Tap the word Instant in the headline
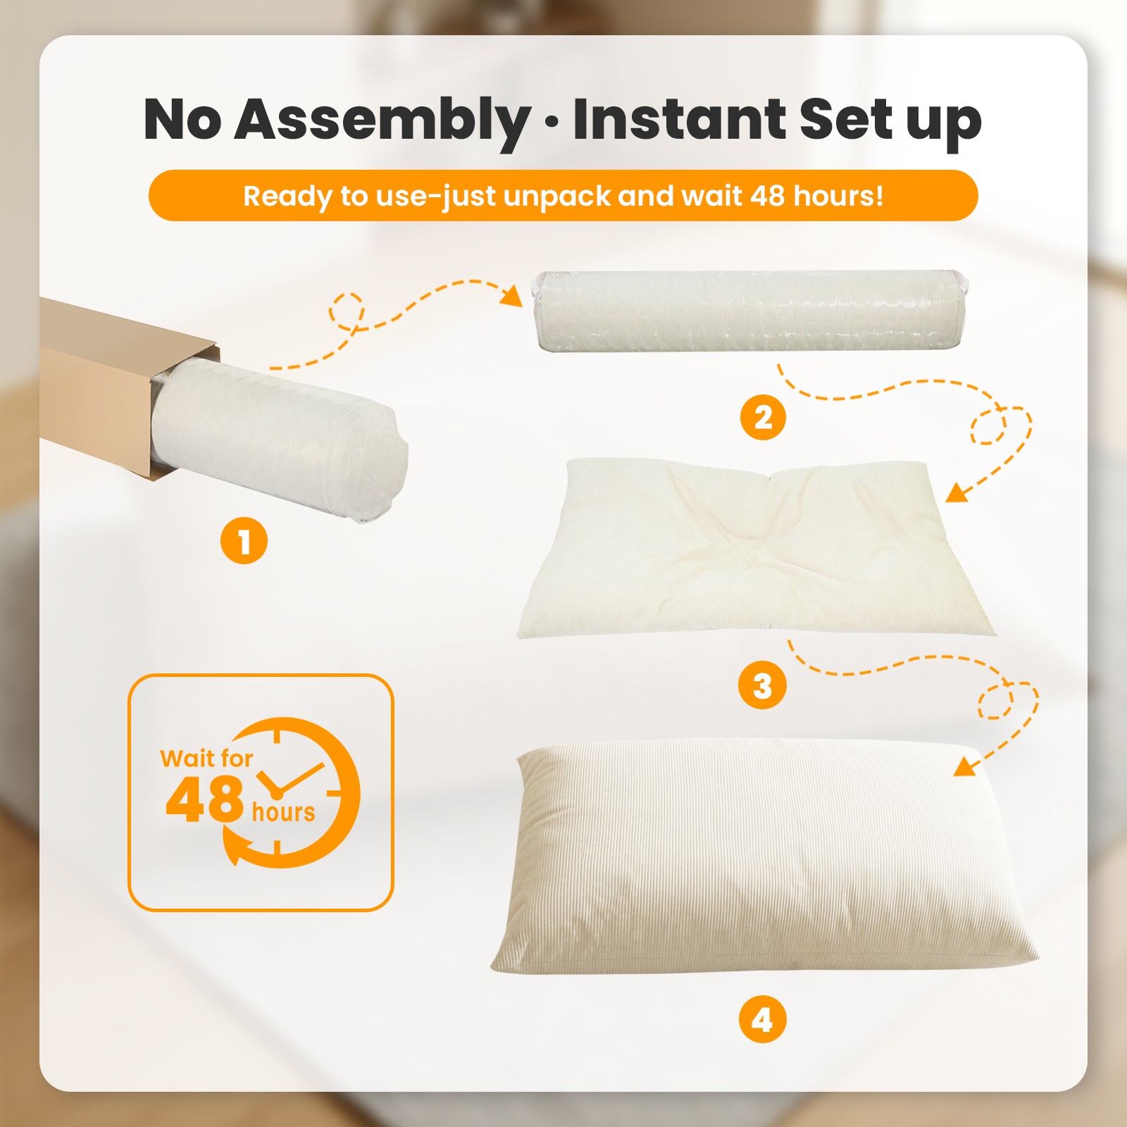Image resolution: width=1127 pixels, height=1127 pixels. (679, 118)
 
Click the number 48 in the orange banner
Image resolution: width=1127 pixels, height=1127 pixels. (768, 195)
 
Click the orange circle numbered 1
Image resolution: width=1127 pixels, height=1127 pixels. (244, 541)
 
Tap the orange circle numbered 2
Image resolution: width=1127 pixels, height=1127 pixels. (763, 417)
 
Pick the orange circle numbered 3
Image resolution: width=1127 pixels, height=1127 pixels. (762, 685)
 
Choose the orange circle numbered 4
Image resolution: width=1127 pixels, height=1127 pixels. (762, 1019)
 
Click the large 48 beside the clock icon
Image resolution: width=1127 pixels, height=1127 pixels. (204, 799)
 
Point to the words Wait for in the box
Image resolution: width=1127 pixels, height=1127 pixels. (206, 758)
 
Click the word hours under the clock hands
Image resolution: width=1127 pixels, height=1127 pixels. (283, 811)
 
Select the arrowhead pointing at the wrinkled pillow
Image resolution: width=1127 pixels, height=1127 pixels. (958, 492)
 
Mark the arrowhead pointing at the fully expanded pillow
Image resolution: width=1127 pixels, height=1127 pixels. (966, 765)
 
